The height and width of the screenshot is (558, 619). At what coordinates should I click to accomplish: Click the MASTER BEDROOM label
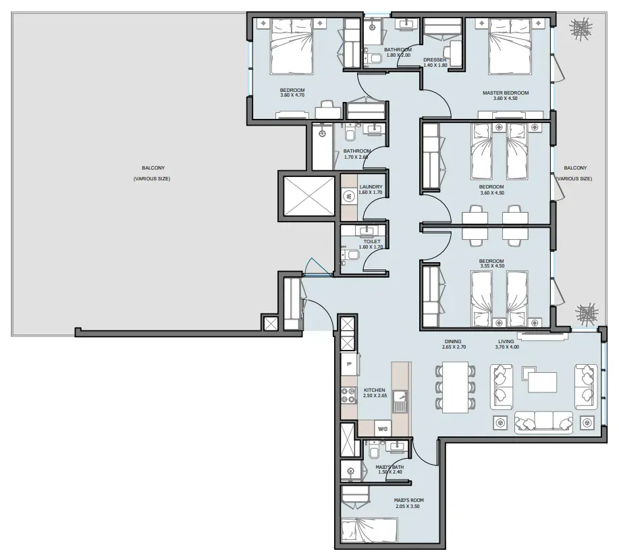(x=506, y=93)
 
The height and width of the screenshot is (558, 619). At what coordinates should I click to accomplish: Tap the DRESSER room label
(x=435, y=59)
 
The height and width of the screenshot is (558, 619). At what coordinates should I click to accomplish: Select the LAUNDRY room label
(x=371, y=187)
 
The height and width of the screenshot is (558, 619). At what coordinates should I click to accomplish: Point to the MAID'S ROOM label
(x=408, y=501)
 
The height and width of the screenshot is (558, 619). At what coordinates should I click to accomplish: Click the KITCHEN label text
(x=374, y=390)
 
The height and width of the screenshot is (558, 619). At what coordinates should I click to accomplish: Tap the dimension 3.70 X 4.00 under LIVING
(x=507, y=347)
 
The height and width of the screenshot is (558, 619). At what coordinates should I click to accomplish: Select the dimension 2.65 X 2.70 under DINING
(x=454, y=347)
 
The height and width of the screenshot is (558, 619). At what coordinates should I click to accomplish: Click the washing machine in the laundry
(x=349, y=195)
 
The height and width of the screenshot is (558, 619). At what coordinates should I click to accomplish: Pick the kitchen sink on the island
(x=400, y=401)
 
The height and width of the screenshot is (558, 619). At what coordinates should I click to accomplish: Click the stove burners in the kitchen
(x=349, y=396)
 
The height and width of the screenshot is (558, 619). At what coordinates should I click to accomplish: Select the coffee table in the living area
(x=543, y=382)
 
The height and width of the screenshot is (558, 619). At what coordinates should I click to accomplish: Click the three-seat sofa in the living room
(x=543, y=422)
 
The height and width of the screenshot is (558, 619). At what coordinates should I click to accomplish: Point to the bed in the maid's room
(x=369, y=531)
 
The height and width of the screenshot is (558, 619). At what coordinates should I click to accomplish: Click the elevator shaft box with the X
(x=309, y=196)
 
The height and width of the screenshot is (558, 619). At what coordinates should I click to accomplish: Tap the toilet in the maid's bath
(x=373, y=450)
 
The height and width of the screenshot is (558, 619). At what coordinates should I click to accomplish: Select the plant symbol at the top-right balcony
(x=581, y=29)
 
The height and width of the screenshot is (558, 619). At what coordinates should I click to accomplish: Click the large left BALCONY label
(x=153, y=168)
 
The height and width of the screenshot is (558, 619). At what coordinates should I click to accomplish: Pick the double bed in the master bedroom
(x=510, y=46)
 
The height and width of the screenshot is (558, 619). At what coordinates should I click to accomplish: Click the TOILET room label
(x=372, y=241)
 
